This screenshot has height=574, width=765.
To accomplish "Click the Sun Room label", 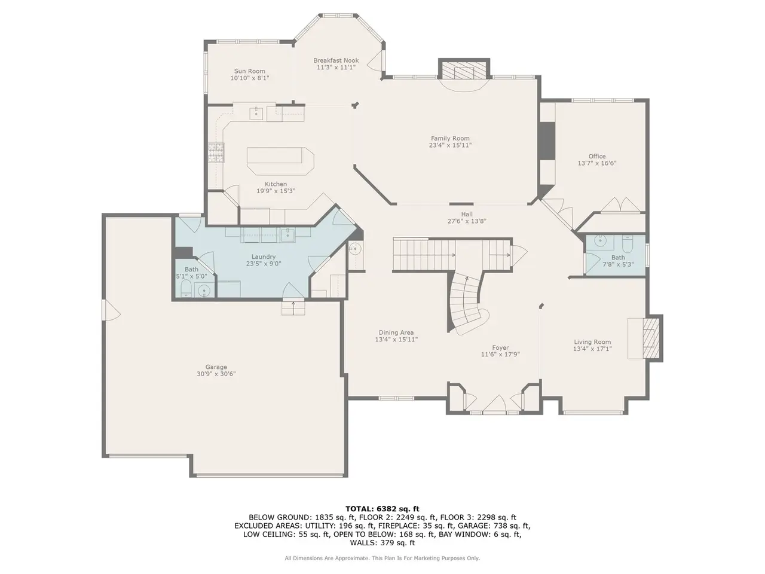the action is tap(250, 71).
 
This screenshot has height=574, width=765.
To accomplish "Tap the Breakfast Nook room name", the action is tap(336, 60).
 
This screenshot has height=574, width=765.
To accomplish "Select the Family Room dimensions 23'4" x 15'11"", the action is tap(450, 145).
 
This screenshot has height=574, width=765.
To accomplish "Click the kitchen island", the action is tap(280, 161).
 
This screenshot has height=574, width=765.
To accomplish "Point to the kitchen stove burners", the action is tap(216, 152).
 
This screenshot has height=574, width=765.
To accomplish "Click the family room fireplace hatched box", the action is tap(464, 72).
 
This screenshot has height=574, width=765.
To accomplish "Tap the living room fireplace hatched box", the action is tap(651, 338).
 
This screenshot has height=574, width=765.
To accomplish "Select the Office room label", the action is tap(597, 156).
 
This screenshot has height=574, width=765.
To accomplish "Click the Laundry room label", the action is tap(264, 257).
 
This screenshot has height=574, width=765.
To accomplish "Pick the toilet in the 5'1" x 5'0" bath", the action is tap(186, 288).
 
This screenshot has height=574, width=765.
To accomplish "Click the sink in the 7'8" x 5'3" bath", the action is tap(600, 240).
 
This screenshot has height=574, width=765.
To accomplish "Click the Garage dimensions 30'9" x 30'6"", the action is tap(216, 374).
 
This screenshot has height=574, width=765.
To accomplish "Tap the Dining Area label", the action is tap(396, 332).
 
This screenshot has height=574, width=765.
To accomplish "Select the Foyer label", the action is tap(500, 347).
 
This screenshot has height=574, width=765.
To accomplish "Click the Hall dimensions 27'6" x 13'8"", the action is tap(467, 221).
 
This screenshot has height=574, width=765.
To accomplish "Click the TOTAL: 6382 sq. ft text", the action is tap(382, 509).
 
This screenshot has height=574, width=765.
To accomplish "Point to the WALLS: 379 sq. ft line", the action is tap(382, 542).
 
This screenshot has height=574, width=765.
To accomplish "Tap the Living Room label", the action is tap(592, 342).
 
